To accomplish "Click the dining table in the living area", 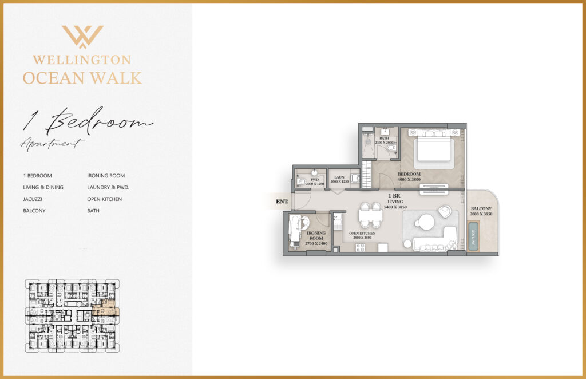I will coord(370,215).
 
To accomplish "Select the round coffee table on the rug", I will coord(426,222).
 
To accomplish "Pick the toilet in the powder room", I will coord(301,181).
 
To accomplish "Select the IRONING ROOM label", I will coord(316,236).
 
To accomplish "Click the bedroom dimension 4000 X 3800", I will coord(410,180).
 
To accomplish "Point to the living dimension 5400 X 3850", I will coord(395,207).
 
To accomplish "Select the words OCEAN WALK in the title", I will coord(82,78).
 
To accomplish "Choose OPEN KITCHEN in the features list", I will coord(104,199).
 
